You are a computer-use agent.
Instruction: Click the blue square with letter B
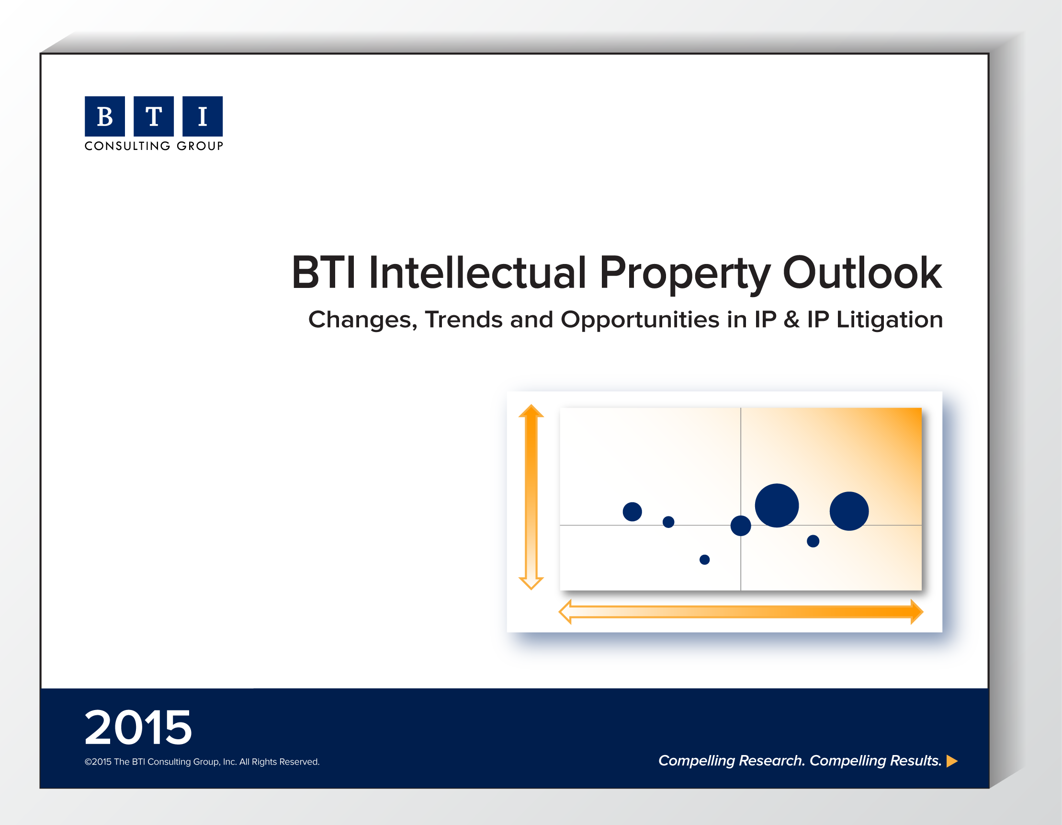pyautogui.click(x=104, y=116)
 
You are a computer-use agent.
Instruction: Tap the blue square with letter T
pyautogui.click(x=154, y=116)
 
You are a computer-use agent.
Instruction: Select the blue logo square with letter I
pyautogui.click(x=202, y=116)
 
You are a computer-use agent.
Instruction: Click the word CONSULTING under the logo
pyautogui.click(x=127, y=146)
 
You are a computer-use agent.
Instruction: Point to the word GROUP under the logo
pyautogui.click(x=200, y=146)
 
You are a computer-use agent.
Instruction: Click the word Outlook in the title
pyautogui.click(x=862, y=273)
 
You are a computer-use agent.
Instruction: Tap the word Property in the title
pyautogui.click(x=685, y=275)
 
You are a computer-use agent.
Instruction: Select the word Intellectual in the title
pyautogui.click(x=477, y=273)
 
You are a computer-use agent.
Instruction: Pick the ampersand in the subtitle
pyautogui.click(x=791, y=320)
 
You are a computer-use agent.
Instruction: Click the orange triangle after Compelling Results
pyautogui.click(x=952, y=761)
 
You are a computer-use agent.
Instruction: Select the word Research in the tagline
pyautogui.click(x=772, y=761)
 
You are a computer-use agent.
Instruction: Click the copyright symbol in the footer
pyautogui.click(x=88, y=762)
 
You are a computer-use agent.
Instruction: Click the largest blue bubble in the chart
pyautogui.click(x=777, y=505)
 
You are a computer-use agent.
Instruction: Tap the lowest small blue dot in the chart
pyautogui.click(x=705, y=560)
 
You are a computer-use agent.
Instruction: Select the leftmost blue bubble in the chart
pyautogui.click(x=632, y=512)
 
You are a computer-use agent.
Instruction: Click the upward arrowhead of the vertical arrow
pyautogui.click(x=531, y=411)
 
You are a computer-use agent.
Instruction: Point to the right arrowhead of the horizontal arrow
pyautogui.click(x=916, y=611)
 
